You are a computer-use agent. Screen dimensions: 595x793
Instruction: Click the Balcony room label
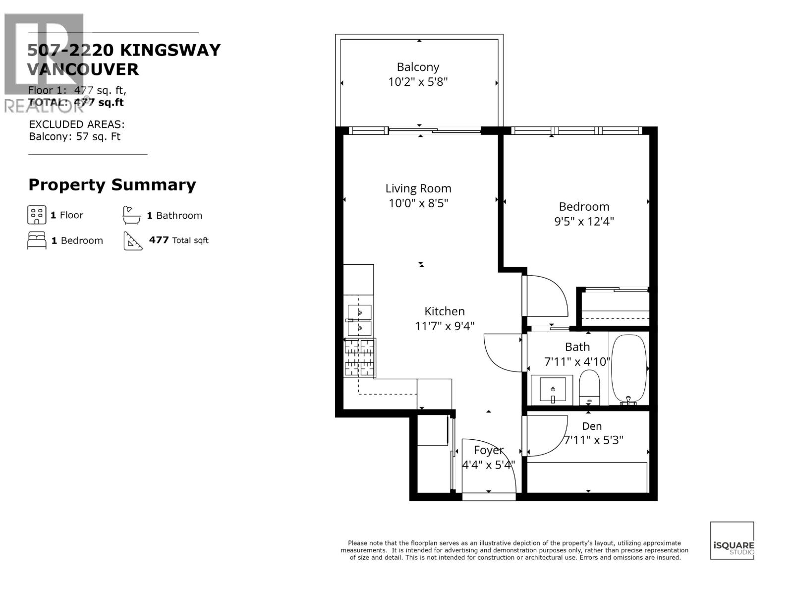click(x=418, y=67)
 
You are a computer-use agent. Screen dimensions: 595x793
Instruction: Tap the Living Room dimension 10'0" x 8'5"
click(x=418, y=203)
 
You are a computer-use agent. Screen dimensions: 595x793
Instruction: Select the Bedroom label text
click(x=584, y=207)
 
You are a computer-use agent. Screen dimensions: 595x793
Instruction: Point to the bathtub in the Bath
click(x=628, y=369)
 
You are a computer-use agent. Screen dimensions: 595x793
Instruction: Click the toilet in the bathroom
click(x=589, y=388)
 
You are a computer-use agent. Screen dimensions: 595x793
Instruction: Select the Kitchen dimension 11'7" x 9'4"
click(x=444, y=326)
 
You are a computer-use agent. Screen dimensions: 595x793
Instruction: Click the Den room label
click(x=592, y=426)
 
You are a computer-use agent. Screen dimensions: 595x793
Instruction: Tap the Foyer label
click(x=488, y=450)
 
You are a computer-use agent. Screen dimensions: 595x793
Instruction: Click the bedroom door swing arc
click(x=548, y=295)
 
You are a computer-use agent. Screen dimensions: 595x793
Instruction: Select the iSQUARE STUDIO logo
click(x=732, y=540)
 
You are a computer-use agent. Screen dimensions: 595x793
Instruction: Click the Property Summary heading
click(x=112, y=185)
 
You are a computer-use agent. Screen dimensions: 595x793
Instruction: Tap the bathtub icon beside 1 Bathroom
click(x=131, y=215)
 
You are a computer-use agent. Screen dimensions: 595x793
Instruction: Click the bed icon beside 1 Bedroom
click(x=37, y=240)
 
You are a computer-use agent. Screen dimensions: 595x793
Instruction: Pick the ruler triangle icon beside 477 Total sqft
click(x=133, y=241)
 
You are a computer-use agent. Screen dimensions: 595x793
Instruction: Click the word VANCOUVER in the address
click(x=83, y=69)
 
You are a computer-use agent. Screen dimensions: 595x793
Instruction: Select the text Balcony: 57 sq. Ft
click(x=74, y=137)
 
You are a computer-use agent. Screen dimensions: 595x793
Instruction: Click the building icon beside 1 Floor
click(x=37, y=215)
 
